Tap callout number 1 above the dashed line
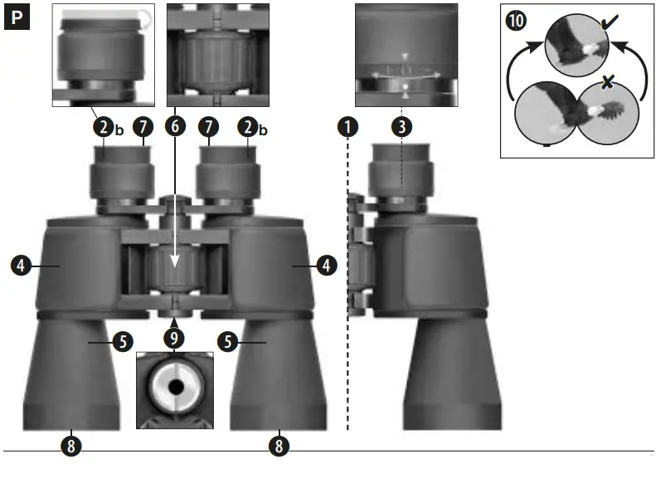pyautogui.click(x=347, y=127)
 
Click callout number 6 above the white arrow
pyautogui.click(x=174, y=127)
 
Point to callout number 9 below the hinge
pyautogui.click(x=174, y=338)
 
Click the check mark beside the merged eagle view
pyautogui.click(x=615, y=31)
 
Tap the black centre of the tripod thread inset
pyautogui.click(x=174, y=387)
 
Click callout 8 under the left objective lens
pyautogui.click(x=71, y=446)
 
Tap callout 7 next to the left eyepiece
pyautogui.click(x=143, y=127)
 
